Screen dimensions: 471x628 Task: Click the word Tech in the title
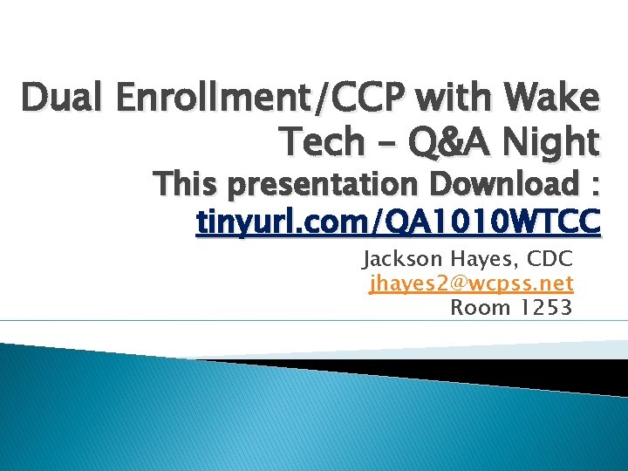click(x=319, y=140)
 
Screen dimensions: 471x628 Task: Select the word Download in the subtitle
click(x=495, y=185)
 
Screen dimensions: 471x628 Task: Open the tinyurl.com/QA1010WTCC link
click(x=399, y=222)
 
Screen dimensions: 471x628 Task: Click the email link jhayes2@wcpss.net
click(x=471, y=283)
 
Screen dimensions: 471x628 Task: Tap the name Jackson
click(x=404, y=259)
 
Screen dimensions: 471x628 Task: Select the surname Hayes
click(x=482, y=259)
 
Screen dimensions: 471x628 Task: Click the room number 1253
click(x=547, y=306)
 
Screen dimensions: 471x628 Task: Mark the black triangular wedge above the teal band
click(x=488, y=371)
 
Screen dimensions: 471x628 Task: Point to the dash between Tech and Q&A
click(x=386, y=142)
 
